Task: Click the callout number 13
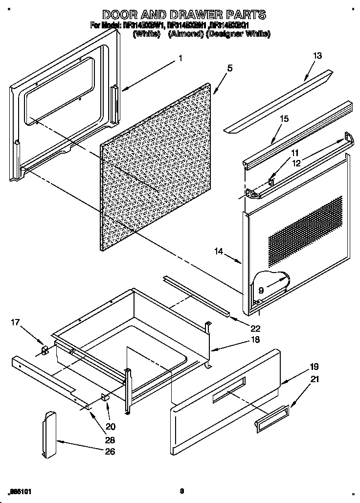(317, 56)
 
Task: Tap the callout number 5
(230, 69)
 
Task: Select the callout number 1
(180, 58)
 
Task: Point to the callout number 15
(284, 119)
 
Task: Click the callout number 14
(219, 251)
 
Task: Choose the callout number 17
(15, 322)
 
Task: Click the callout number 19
(314, 366)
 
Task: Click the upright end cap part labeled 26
(49, 435)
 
